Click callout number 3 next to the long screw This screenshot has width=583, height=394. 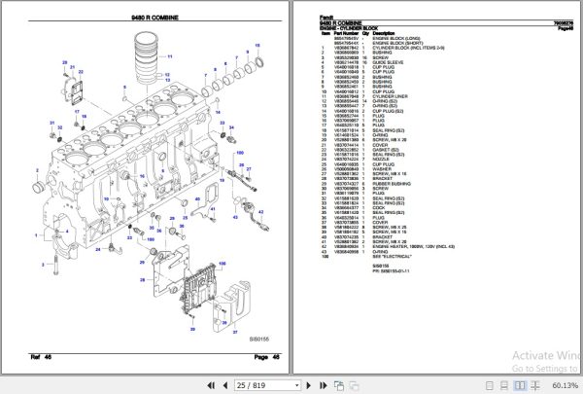tap(68, 256)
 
